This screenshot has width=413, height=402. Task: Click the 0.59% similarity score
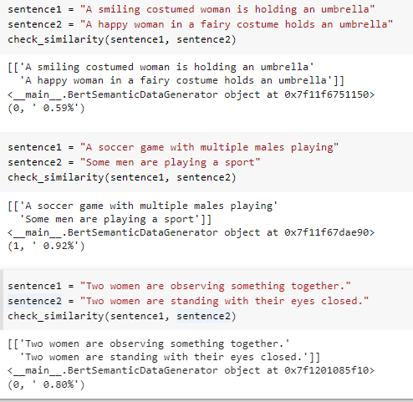[59, 108]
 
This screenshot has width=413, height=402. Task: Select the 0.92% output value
[59, 246]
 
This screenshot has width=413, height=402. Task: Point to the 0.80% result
[59, 384]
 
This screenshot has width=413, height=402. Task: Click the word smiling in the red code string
[119, 10]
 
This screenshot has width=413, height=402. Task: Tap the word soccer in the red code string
[116, 147]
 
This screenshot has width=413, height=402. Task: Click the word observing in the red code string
[197, 286]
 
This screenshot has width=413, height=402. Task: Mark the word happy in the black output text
[52, 81]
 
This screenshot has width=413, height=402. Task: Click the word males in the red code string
[269, 147]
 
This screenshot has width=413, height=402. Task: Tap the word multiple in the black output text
[164, 206]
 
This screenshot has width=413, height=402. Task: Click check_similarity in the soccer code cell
[55, 177]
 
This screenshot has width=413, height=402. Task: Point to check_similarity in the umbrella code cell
[55, 39]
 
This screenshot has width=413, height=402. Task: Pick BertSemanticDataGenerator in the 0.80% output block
[142, 370]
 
